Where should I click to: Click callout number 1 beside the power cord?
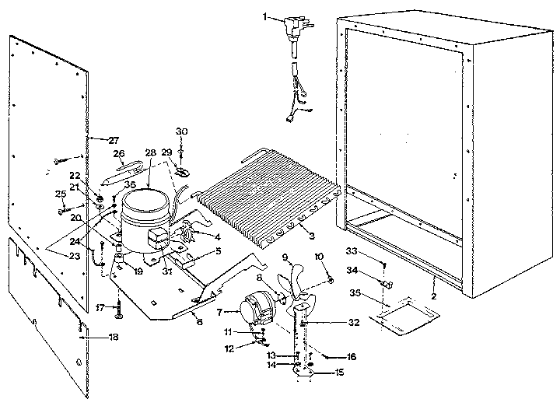tap(264, 17)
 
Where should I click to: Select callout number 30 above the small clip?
tap(182, 131)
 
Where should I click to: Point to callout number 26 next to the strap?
tap(119, 154)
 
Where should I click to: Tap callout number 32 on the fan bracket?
tap(353, 321)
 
